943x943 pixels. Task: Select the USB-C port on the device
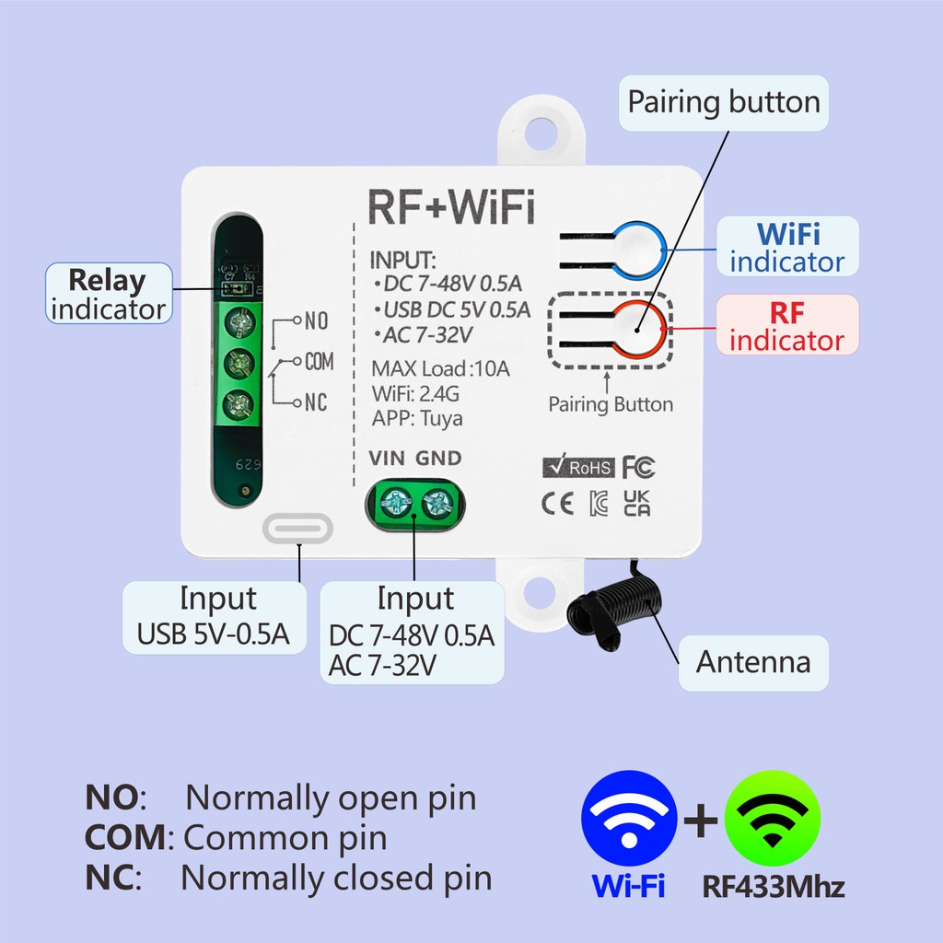pos(297,529)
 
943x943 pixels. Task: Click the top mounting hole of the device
pos(541,134)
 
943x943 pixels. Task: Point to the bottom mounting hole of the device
pos(540,592)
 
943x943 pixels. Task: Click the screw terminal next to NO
pos(240,322)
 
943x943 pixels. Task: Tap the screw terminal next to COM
pos(239,363)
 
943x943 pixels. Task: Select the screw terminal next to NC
pos(239,404)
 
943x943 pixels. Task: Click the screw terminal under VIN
pos(396,503)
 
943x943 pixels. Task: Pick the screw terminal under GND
pos(437,503)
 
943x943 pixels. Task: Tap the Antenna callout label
pos(753,663)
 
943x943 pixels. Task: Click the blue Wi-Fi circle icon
pos(629,818)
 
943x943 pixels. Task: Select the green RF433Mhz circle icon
pos(773,818)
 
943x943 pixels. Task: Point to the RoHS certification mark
pos(578,466)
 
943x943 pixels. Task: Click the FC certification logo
pos(639,467)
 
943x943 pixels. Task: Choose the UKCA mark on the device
pos(637,504)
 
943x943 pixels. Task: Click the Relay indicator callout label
pos(109,294)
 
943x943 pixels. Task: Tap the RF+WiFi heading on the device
pos(451,207)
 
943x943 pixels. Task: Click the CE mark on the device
pos(557,504)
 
